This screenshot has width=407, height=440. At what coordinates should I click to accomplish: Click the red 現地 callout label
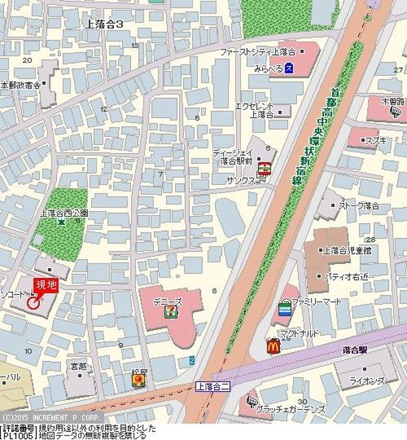click(x=46, y=284)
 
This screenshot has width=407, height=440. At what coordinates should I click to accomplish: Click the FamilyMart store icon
click(x=284, y=310)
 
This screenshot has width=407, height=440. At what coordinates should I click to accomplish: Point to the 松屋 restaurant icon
click(x=140, y=379)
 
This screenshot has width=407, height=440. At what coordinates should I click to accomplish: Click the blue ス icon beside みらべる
click(x=290, y=67)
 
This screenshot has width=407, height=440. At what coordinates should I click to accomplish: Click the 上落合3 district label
click(x=105, y=24)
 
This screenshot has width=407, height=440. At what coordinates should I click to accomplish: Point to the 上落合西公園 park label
click(x=65, y=213)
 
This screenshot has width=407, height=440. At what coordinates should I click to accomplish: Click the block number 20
click(x=27, y=60)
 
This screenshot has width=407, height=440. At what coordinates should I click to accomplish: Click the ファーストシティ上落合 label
click(x=257, y=52)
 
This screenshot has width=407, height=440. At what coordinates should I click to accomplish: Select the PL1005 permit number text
click(x=15, y=436)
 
